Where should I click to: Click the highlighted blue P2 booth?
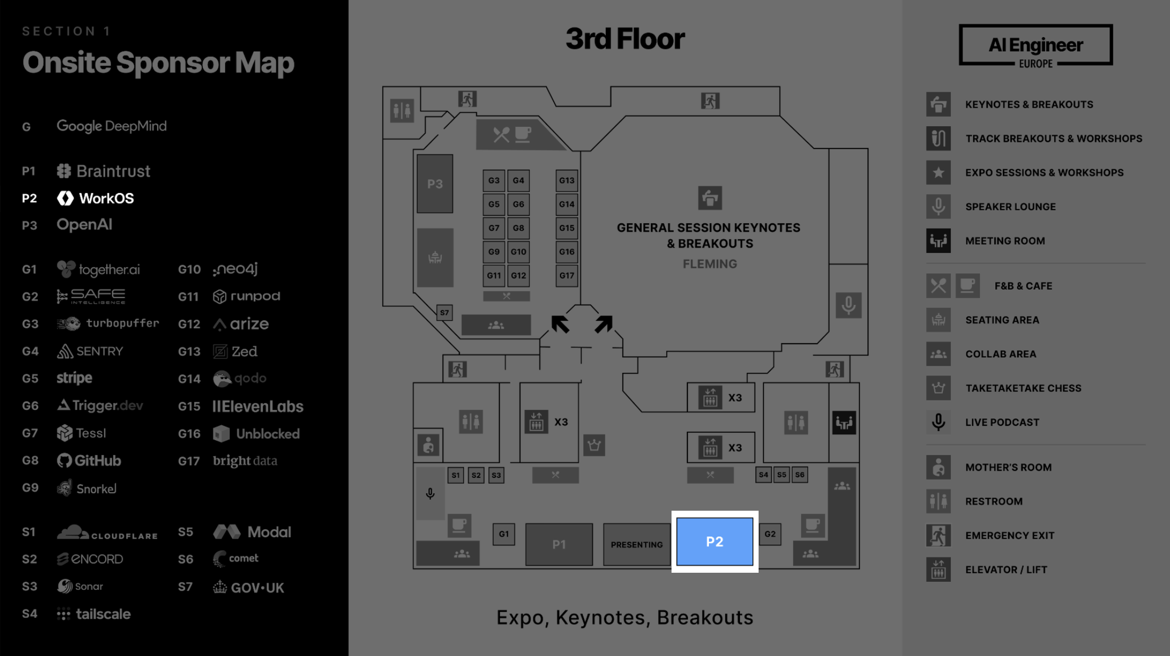pos(715,541)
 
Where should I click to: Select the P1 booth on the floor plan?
pos(559,544)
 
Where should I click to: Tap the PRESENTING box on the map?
pos(636,545)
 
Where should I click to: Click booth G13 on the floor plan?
pos(566,180)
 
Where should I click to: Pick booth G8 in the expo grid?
pos(518,228)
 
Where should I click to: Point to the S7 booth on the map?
pos(444,312)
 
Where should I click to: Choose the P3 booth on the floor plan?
pos(435,183)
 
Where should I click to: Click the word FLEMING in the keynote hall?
pos(710,264)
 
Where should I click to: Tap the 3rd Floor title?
pos(625,39)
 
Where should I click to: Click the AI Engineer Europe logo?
pos(1035,45)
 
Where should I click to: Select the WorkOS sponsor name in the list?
pos(106,198)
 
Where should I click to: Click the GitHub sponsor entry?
pos(97,461)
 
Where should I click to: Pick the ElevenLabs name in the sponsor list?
pos(258,407)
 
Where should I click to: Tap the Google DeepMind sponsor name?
pos(111,126)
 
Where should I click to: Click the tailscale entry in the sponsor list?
pos(103,614)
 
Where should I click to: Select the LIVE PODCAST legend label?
pos(1002,422)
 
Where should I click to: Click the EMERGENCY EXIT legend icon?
pos(938,536)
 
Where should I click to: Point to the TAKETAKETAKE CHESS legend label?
pos(1023,388)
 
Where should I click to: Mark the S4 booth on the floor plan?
pos(763,475)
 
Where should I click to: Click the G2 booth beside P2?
pos(770,534)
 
